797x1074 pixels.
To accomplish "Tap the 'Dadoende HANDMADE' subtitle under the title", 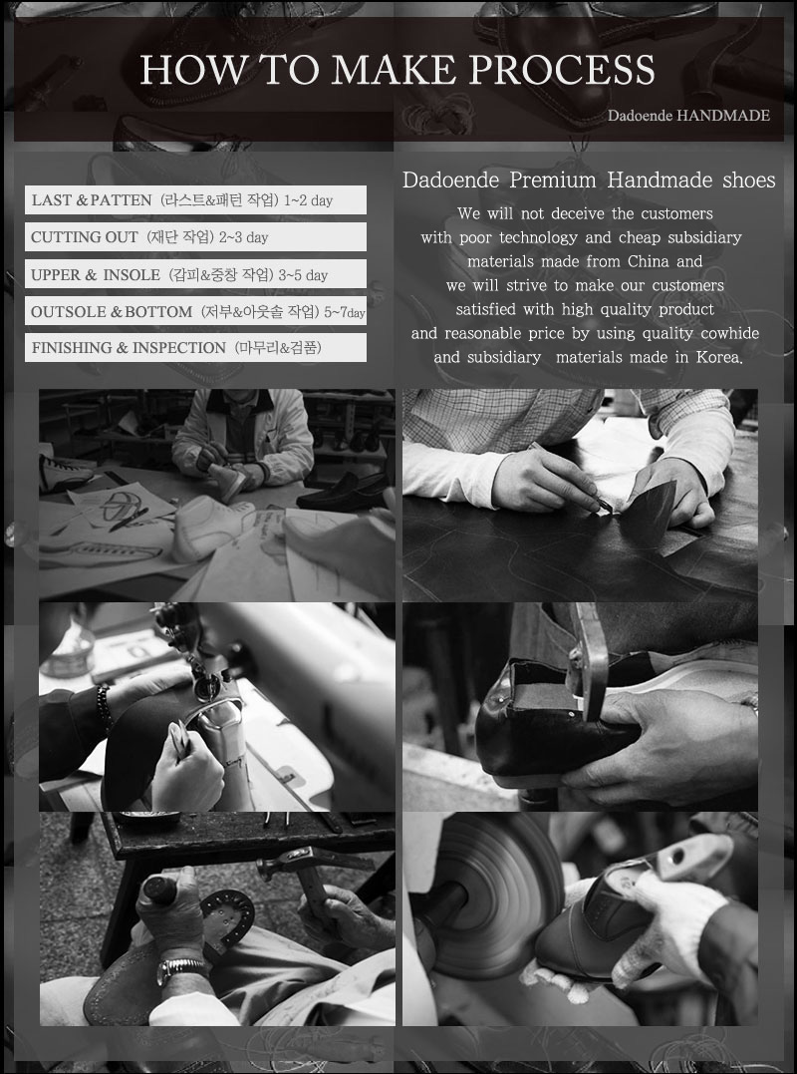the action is click(689, 115).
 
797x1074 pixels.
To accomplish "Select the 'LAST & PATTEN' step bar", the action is click(195, 200).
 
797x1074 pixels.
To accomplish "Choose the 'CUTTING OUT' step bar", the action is click(195, 237).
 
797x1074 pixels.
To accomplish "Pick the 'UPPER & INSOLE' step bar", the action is click(195, 274).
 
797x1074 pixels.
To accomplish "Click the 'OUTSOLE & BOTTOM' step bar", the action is click(195, 311).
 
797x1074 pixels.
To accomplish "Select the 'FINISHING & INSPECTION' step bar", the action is click(195, 347).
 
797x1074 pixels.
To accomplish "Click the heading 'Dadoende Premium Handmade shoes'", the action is click(589, 180).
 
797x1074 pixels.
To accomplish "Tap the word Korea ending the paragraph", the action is click(719, 358).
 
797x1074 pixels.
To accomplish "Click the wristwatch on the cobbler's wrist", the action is click(182, 970).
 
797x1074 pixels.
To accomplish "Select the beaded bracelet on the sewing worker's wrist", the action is click(104, 709).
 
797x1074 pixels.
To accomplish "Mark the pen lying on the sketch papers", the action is click(128, 520).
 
